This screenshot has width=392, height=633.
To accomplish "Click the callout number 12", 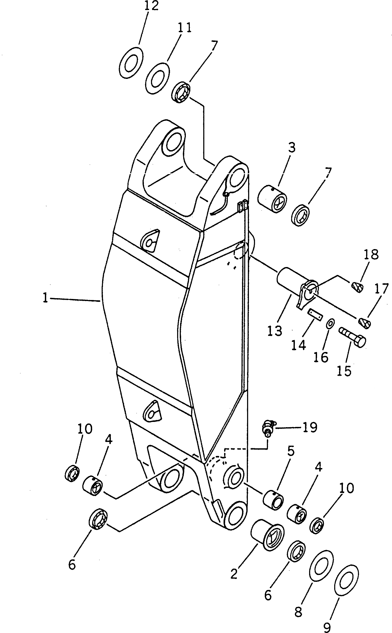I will (x=151, y=6).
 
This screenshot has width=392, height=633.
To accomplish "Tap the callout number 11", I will (x=184, y=27).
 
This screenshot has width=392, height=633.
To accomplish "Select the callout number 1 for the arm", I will (x=45, y=299).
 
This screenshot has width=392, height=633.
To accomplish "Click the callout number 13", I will (x=275, y=331).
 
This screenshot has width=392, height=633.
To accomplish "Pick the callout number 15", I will (x=344, y=371).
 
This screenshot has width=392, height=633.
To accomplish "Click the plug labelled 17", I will (x=365, y=323).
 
